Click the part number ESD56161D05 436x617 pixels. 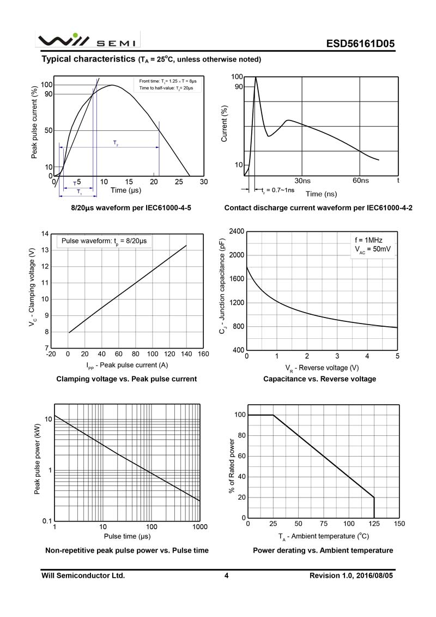click(x=361, y=44)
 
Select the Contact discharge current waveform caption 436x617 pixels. click(x=318, y=208)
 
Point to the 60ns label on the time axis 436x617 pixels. click(x=361, y=181)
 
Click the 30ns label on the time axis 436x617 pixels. click(x=302, y=181)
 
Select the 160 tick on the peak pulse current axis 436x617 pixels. click(x=203, y=354)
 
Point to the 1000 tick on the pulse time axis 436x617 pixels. click(x=199, y=527)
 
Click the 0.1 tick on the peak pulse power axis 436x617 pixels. click(x=46, y=521)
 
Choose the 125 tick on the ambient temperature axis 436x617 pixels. click(x=374, y=524)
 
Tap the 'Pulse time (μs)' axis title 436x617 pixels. click(x=127, y=537)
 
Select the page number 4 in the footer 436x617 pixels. click(x=226, y=576)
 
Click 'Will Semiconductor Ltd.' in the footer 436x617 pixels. click(x=83, y=576)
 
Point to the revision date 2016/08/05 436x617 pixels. click(x=375, y=576)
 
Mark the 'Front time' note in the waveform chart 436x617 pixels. click(x=167, y=81)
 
